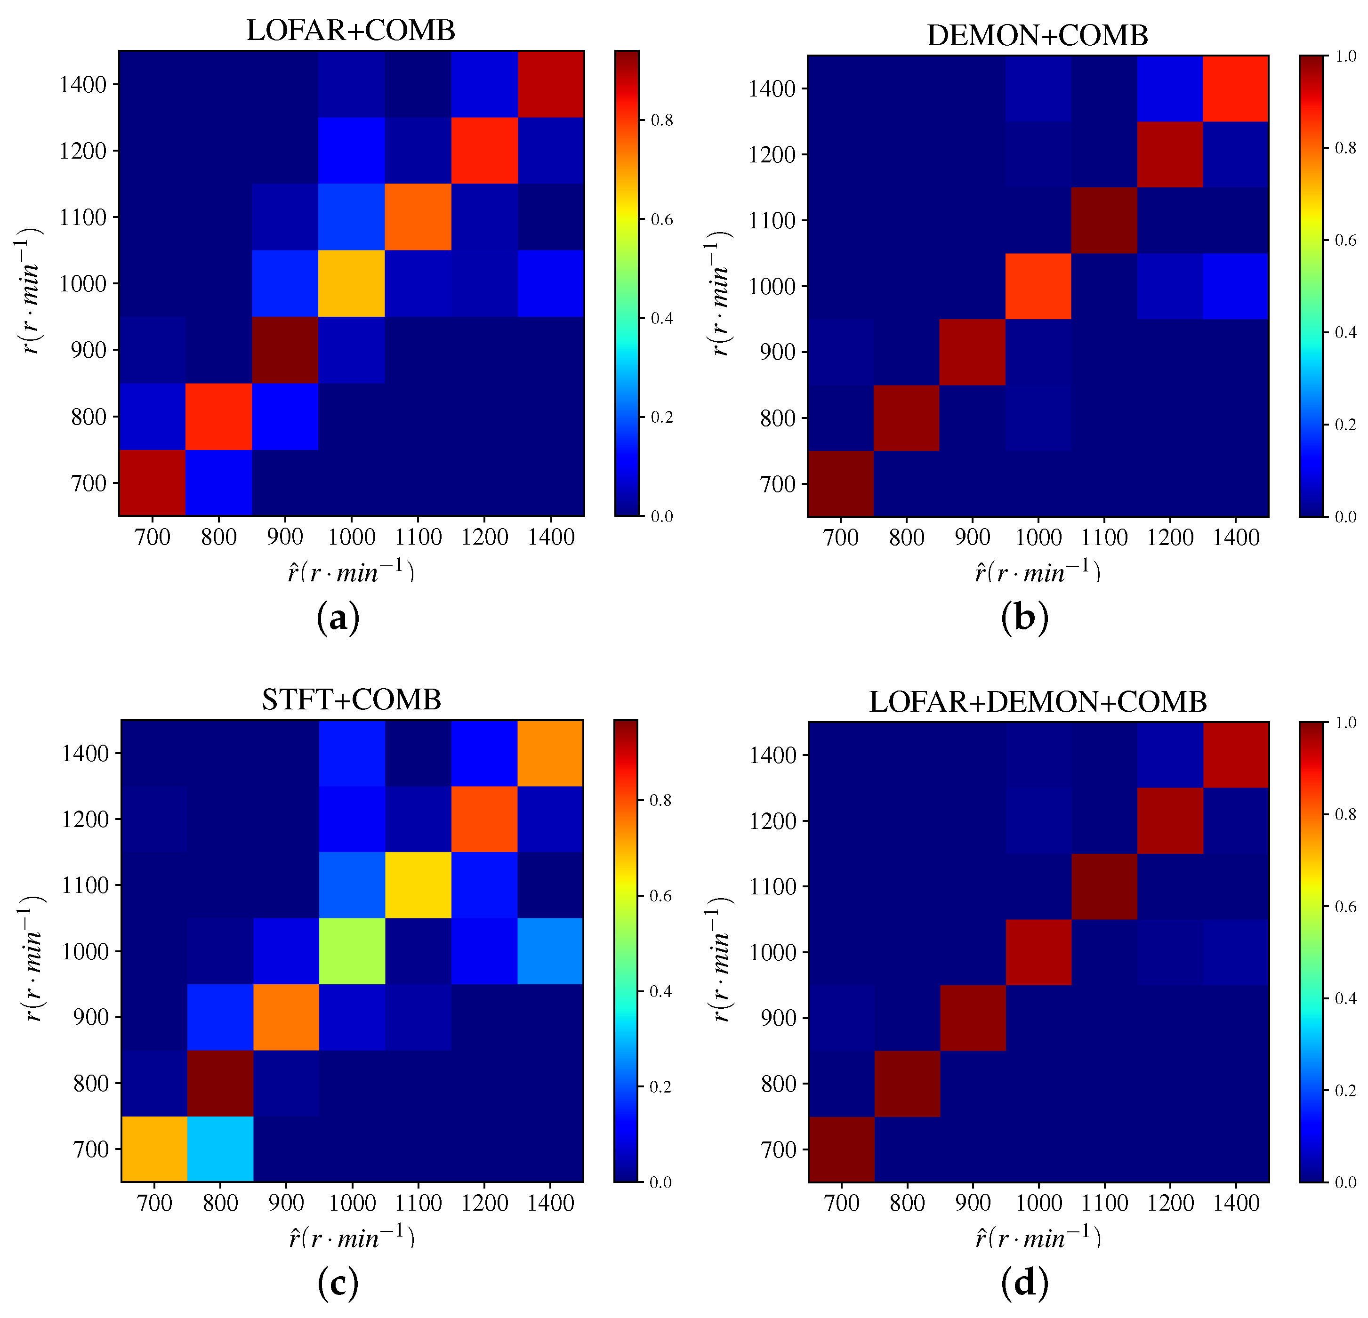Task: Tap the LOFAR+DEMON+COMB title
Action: pyautogui.click(x=1038, y=702)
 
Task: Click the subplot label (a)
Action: pyautogui.click(x=338, y=618)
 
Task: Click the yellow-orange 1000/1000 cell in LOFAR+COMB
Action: pyautogui.click(x=351, y=283)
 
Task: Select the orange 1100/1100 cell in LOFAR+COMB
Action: pyautogui.click(x=418, y=217)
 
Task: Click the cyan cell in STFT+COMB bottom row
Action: pyautogui.click(x=220, y=1149)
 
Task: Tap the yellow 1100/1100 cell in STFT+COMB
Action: pyautogui.click(x=418, y=885)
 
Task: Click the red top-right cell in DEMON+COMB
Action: pyautogui.click(x=1235, y=88)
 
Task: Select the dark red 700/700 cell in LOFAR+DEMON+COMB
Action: pyautogui.click(x=841, y=1149)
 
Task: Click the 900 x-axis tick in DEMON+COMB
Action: pyautogui.click(x=972, y=537)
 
